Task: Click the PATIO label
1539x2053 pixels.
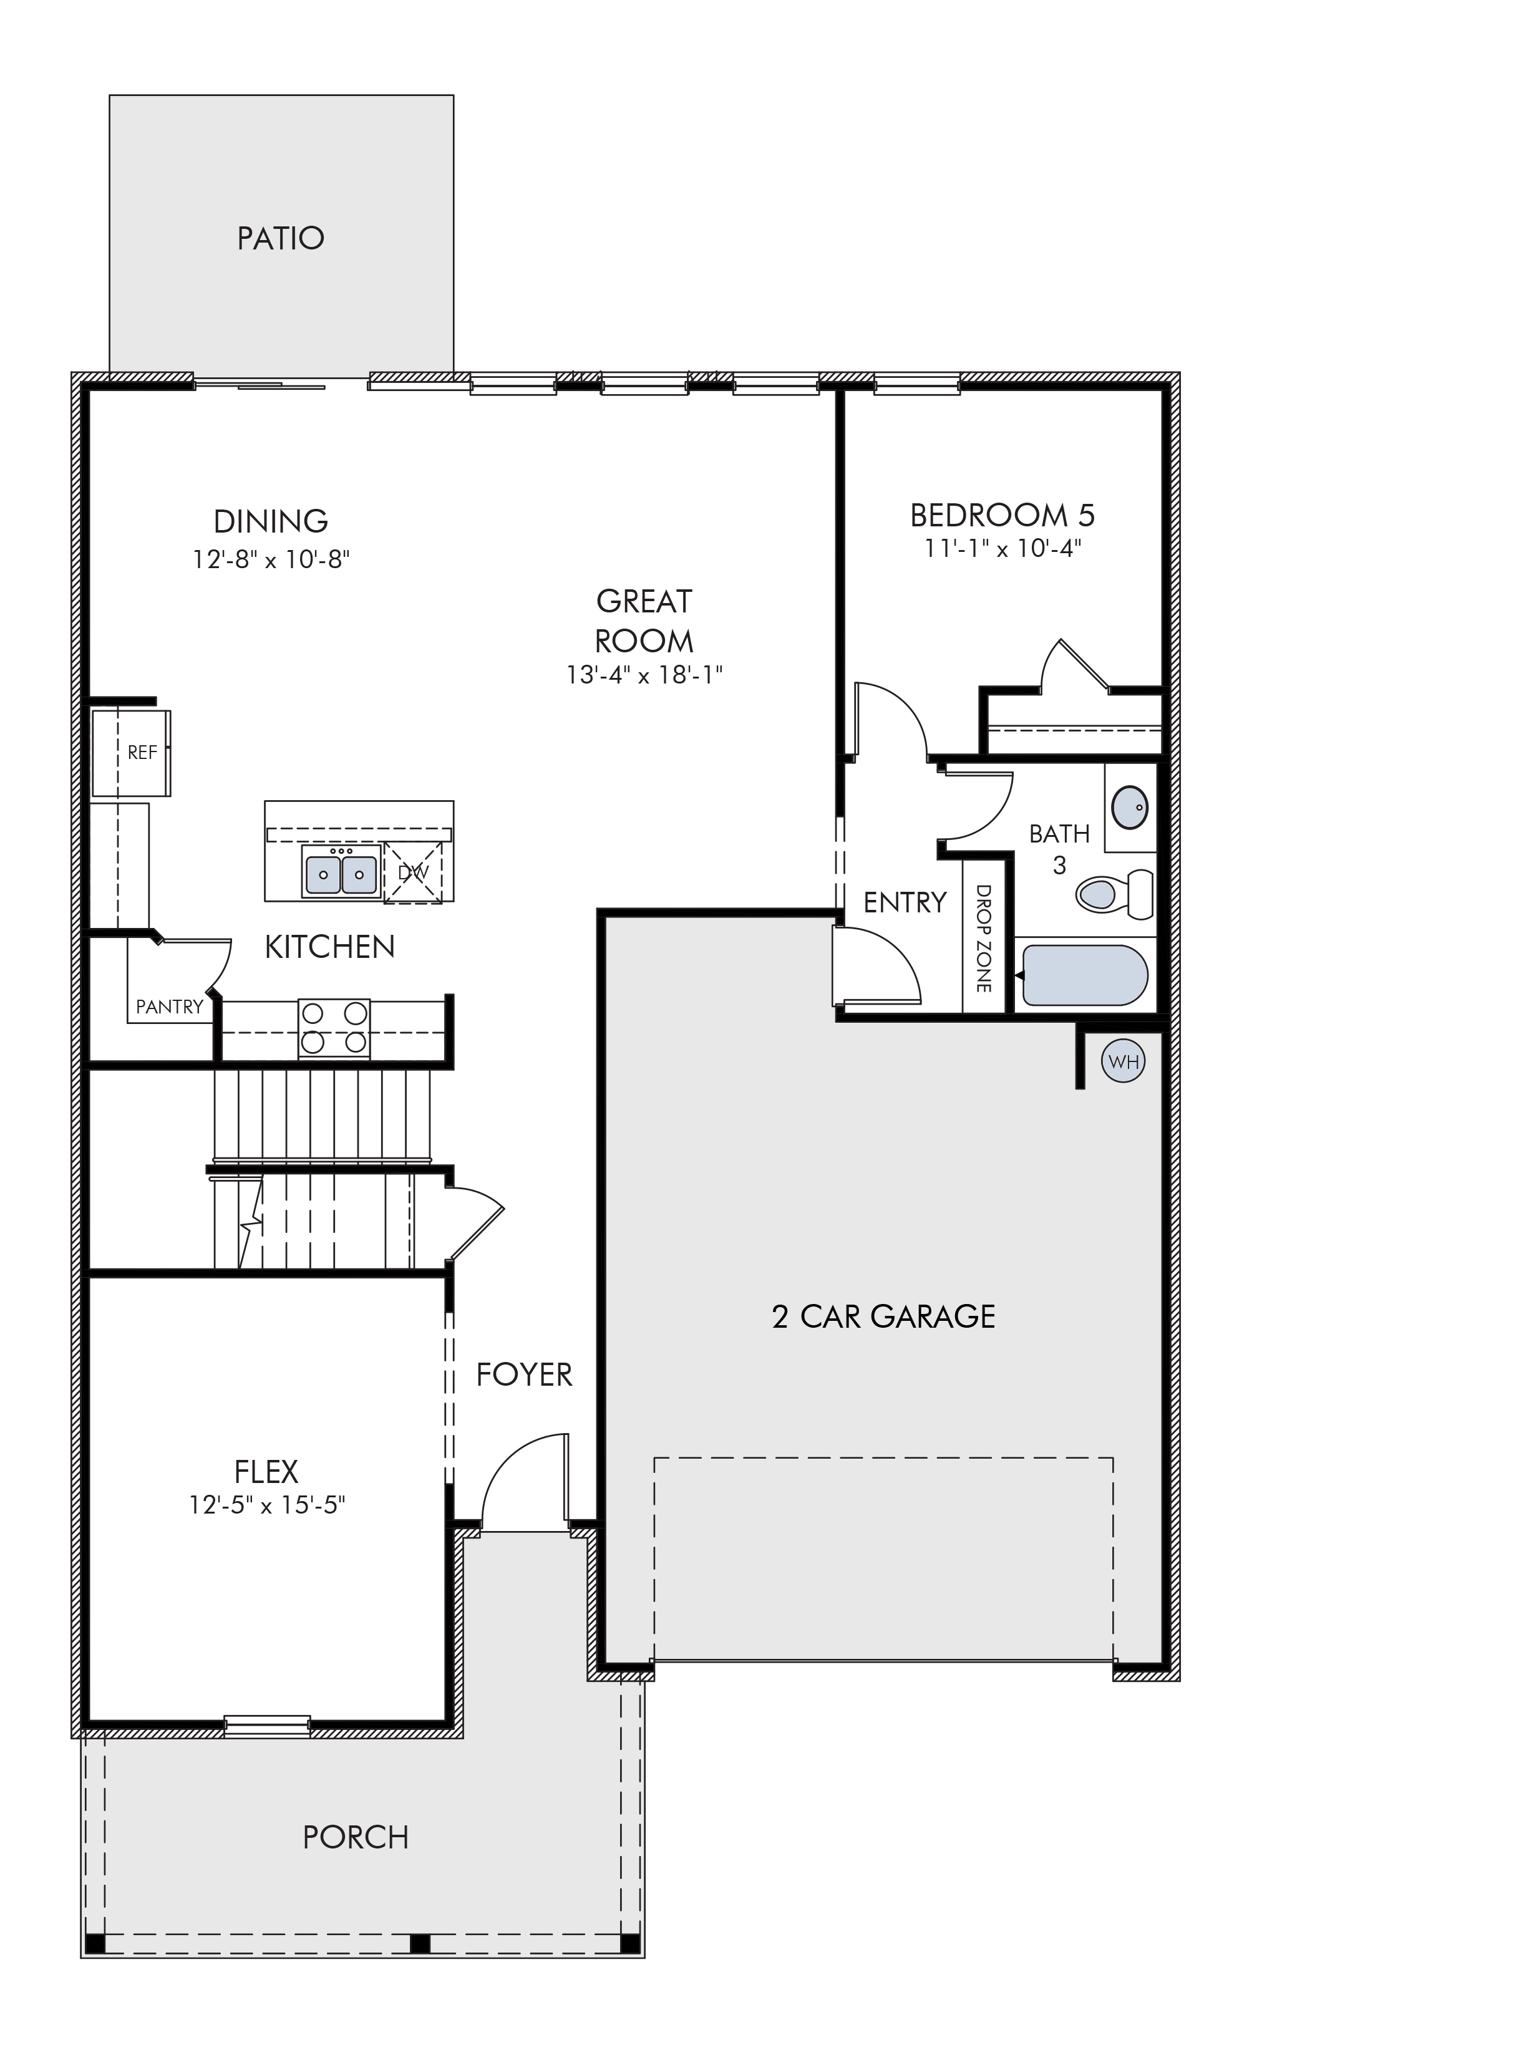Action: [280, 238]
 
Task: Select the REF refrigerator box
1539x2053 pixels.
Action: [131, 753]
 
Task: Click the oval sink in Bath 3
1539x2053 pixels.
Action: [1130, 808]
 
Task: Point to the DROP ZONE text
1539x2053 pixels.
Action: [983, 939]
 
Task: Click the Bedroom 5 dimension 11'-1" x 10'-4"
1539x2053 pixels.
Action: [1003, 549]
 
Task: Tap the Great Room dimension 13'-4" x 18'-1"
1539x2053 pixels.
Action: [644, 675]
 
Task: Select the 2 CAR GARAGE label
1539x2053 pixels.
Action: [884, 1316]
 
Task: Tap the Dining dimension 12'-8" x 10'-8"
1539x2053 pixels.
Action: [271, 559]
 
